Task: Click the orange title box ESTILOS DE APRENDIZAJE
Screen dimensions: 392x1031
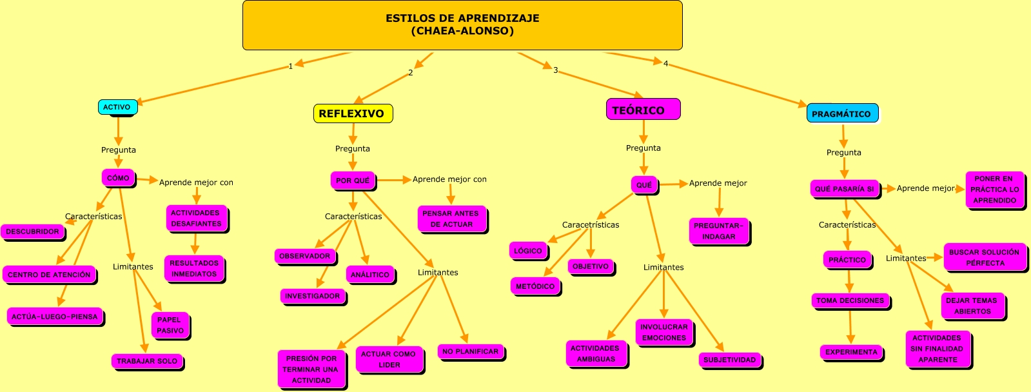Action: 462,25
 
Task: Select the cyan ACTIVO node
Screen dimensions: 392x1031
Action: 117,107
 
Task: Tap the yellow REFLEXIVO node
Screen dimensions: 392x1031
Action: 353,113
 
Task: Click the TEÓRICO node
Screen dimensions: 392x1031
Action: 642,110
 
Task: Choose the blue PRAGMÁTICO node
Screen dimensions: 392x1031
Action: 841,113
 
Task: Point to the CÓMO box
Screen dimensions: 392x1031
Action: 118,178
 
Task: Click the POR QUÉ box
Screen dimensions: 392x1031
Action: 353,181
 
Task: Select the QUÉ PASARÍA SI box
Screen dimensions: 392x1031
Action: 845,189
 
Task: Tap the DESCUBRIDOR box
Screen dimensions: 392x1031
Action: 32,231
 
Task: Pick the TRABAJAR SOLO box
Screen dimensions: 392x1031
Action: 147,361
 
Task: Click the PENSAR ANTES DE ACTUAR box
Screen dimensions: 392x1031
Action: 451,219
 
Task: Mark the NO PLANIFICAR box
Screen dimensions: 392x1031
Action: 471,351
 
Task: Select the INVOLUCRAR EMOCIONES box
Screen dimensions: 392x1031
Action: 664,332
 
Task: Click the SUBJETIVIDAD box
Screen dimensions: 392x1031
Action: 729,360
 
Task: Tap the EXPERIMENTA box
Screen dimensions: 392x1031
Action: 851,352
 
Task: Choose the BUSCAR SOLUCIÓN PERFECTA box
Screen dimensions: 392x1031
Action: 985,257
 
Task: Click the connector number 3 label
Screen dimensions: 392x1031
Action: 555,70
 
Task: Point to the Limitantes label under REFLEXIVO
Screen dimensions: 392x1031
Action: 438,272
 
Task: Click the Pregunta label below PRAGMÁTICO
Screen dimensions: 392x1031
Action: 843,152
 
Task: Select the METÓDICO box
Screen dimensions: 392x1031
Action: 535,286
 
